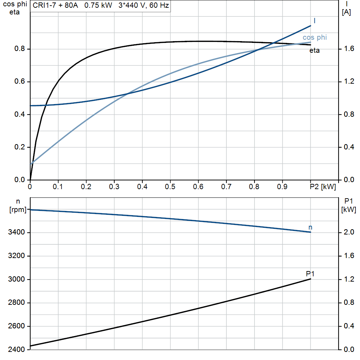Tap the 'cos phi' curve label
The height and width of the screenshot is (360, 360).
(x=315, y=38)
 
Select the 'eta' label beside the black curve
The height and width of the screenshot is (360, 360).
(x=314, y=51)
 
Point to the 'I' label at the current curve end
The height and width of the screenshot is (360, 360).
(x=314, y=21)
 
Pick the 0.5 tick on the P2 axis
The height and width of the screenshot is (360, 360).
(x=170, y=186)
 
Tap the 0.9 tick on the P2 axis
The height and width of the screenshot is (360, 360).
(x=282, y=186)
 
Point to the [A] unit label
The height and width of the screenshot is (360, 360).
(x=346, y=12)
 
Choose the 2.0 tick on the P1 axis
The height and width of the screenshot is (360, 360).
(x=348, y=233)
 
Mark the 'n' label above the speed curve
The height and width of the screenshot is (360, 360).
(x=310, y=227)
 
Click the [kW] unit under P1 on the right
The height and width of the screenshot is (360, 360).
(x=348, y=210)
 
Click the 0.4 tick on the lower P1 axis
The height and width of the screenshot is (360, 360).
(x=348, y=326)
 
